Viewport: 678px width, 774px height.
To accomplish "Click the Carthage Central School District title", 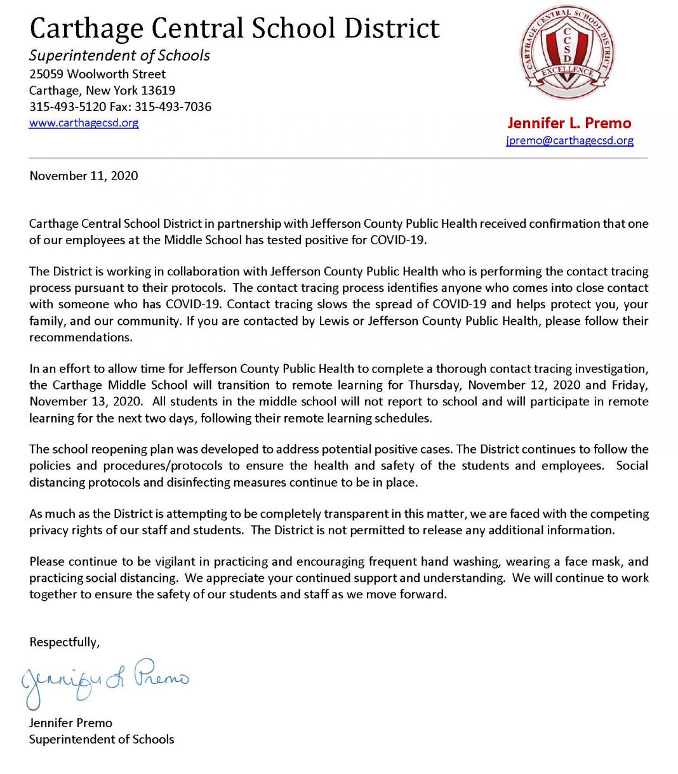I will [x=234, y=29].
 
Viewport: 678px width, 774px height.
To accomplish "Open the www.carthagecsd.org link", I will [x=84, y=122].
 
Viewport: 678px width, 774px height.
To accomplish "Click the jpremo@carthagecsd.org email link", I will [x=569, y=140].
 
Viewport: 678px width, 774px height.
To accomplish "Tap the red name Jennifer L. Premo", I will [x=569, y=123].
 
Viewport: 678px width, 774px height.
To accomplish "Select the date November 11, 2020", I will [x=84, y=176].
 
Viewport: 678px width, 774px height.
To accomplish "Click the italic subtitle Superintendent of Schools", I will [x=119, y=55].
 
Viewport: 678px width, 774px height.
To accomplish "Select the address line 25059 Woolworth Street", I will [x=97, y=74].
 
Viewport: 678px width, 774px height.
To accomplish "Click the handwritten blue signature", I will [x=105, y=682].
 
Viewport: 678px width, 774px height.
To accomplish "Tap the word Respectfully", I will [x=64, y=642].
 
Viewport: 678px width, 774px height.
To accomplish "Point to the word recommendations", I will [x=81, y=337].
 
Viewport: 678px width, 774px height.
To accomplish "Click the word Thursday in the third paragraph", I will [x=433, y=385].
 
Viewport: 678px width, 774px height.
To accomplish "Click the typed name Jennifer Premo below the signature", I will [x=70, y=723].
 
